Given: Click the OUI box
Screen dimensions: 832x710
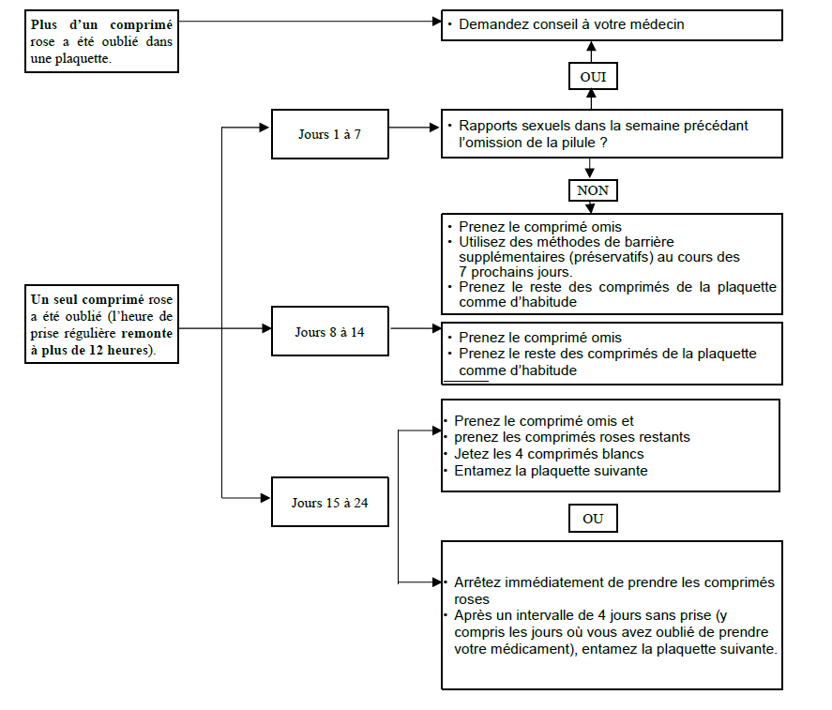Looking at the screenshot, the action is [593, 76].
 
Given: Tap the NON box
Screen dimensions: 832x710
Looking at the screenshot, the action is [593, 190].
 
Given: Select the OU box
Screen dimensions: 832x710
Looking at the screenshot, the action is [593, 518].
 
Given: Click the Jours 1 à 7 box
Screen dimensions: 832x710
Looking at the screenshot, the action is [329, 134].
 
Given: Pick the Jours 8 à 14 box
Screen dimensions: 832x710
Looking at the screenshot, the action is [329, 331].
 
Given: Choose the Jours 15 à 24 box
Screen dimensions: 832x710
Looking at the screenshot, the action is [329, 502].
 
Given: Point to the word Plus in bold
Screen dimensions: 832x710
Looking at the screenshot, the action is [43, 24].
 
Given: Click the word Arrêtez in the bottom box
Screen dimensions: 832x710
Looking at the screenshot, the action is [477, 582].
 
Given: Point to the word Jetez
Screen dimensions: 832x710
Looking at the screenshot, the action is [471, 454].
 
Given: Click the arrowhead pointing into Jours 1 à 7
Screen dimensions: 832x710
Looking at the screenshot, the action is [265, 128].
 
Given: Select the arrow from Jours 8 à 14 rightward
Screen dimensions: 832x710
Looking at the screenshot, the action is [416, 328].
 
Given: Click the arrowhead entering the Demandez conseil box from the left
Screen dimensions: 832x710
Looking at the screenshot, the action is [437, 22].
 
